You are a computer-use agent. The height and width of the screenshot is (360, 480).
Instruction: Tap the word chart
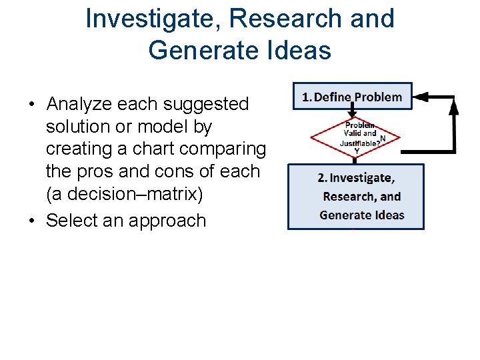pos(146,149)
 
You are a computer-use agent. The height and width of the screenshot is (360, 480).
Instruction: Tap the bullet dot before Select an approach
pos(31,221)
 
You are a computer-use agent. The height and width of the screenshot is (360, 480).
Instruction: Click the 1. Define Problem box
pos(353,97)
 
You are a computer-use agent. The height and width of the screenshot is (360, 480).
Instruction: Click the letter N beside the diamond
pos(382,138)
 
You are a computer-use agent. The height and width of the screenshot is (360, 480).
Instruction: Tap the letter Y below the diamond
pos(357,151)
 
